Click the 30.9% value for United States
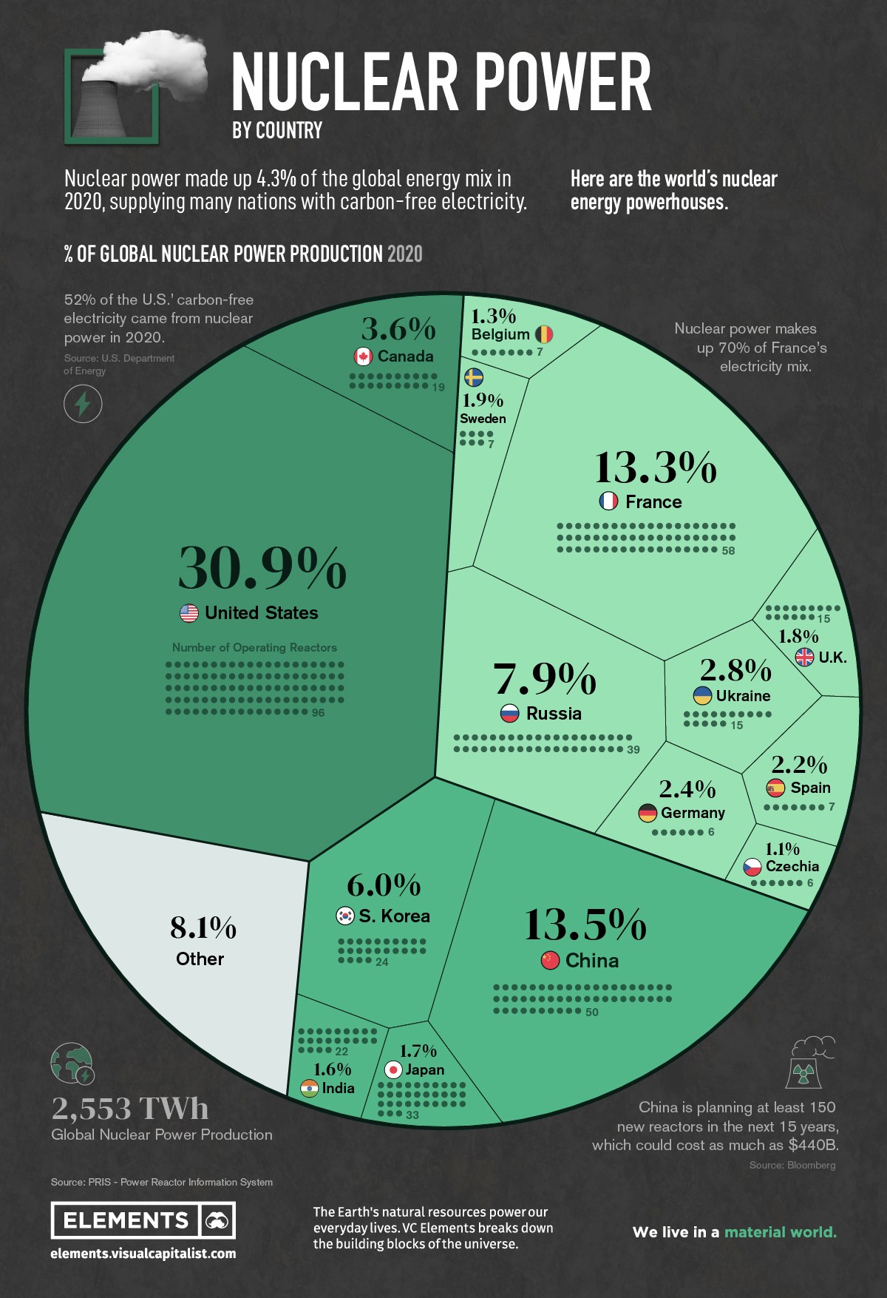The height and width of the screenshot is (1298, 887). point(262,568)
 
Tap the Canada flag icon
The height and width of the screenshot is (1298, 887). point(363,356)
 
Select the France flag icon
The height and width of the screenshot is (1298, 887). point(608,501)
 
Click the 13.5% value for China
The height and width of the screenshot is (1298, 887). point(585,925)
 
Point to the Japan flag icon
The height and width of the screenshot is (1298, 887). point(393,1069)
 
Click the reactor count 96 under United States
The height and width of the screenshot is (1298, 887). point(318,713)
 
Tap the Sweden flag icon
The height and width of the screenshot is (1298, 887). point(474,377)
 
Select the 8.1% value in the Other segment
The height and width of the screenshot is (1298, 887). point(203,927)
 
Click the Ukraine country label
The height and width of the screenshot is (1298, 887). point(743,696)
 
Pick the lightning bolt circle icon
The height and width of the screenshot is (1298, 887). point(83,404)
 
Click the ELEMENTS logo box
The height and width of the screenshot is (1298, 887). point(143,1220)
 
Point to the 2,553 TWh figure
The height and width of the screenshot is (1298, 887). point(130,1108)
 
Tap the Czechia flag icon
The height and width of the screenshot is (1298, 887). point(752,866)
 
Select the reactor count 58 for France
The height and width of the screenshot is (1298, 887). point(728,551)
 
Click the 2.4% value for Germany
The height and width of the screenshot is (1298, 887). point(687,789)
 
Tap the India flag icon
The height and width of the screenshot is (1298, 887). point(309,1088)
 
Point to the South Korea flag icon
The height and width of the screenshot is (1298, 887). point(345,916)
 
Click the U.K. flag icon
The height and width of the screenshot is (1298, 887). point(804,657)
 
